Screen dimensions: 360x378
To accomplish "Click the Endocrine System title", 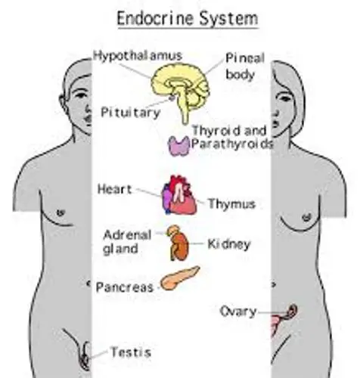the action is coord(188,18).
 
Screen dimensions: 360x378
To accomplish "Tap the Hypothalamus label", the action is coord(138,56).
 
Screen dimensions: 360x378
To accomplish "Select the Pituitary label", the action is coord(131,112).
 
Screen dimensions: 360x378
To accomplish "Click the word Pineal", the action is coord(245,58).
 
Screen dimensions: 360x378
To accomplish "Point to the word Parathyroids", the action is coord(232,144).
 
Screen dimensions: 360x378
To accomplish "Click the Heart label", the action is coord(114,189).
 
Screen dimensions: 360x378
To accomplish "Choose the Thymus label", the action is coord(231,204).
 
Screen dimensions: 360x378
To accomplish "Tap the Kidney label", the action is coord(229,244).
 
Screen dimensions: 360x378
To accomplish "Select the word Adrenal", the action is coord(127,235).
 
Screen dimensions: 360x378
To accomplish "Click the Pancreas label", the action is coord(125,287).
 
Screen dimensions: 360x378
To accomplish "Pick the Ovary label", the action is coord(238,311).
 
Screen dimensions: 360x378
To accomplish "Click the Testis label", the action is coord(131,352).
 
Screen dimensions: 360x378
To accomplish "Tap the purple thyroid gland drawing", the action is coord(178,146).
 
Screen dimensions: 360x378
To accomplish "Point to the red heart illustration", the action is coord(179,195).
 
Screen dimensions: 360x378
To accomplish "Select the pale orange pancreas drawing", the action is coord(180,278).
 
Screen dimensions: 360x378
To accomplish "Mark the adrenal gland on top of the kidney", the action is coord(173,230).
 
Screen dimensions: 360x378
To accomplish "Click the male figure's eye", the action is coord(81,95).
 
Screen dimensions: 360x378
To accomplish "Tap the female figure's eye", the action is coord(285,97).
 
